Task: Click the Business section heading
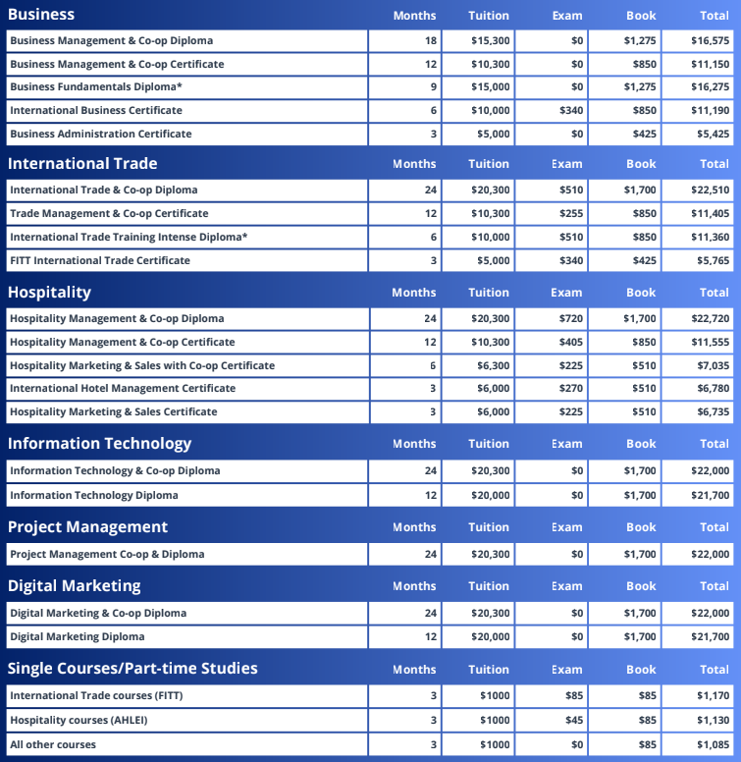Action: [x=41, y=15]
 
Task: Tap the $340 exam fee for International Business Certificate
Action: [x=571, y=110]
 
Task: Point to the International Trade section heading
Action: [x=82, y=163]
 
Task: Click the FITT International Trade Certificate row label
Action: [x=100, y=260]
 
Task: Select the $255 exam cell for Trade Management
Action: [x=571, y=213]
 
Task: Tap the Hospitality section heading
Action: [x=49, y=292]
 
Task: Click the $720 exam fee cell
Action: [x=571, y=318]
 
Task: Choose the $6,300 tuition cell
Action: [x=491, y=365]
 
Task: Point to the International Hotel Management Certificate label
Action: [x=123, y=388]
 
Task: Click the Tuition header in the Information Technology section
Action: [x=489, y=444]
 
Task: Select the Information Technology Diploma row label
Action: [x=94, y=495]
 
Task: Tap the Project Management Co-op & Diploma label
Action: [x=107, y=554]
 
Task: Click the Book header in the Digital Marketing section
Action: [x=641, y=586]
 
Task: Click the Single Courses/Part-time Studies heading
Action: [x=132, y=669]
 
